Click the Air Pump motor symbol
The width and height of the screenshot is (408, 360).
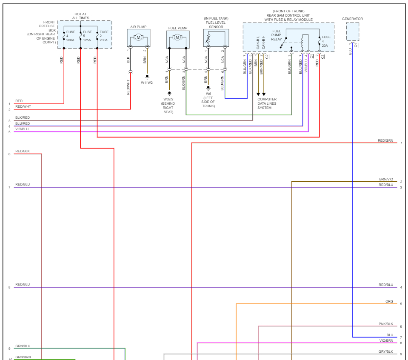click(x=139, y=37)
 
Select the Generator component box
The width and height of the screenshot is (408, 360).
click(x=353, y=31)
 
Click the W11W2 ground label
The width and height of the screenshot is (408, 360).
click(x=147, y=83)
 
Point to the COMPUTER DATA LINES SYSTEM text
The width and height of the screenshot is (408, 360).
click(x=267, y=103)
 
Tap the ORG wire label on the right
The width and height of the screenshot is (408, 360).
click(x=389, y=301)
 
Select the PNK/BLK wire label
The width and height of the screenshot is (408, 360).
click(x=386, y=324)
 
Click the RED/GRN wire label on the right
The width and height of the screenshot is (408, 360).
click(x=385, y=140)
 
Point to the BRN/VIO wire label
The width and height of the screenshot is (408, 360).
click(x=386, y=179)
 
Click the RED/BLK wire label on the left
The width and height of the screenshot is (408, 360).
click(x=23, y=151)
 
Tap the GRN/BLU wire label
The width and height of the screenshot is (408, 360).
click(x=23, y=346)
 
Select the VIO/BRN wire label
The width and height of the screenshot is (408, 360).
click(x=386, y=340)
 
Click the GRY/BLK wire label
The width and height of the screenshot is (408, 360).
click(x=385, y=351)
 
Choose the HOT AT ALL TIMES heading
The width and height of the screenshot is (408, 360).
click(x=80, y=16)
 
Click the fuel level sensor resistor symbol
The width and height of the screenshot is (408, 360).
click(x=208, y=39)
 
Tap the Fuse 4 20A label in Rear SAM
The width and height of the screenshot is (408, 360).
click(x=326, y=41)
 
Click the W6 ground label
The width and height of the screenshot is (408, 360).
click(x=208, y=94)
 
